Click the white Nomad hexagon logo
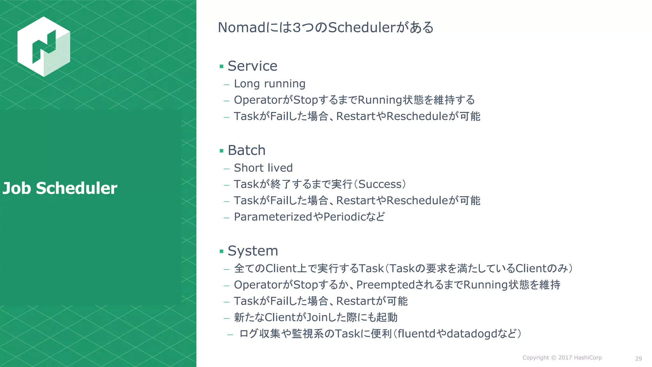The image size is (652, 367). pyautogui.click(x=44, y=47)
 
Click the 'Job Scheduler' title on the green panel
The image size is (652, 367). pyautogui.click(x=60, y=188)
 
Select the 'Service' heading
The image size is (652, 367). pyautogui.click(x=252, y=66)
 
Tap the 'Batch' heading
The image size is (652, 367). pyautogui.click(x=246, y=150)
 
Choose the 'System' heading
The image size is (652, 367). pyautogui.click(x=253, y=251)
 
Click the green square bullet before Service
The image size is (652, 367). pyautogui.click(x=222, y=67)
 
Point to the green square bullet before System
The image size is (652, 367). pyautogui.click(x=222, y=251)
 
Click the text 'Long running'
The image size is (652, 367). pyautogui.click(x=269, y=84)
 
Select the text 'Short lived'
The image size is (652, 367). pyautogui.click(x=263, y=168)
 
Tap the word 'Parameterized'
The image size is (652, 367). pyautogui.click(x=273, y=217)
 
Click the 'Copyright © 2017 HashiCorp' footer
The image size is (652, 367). pyautogui.click(x=562, y=358)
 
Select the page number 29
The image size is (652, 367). pyautogui.click(x=638, y=359)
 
